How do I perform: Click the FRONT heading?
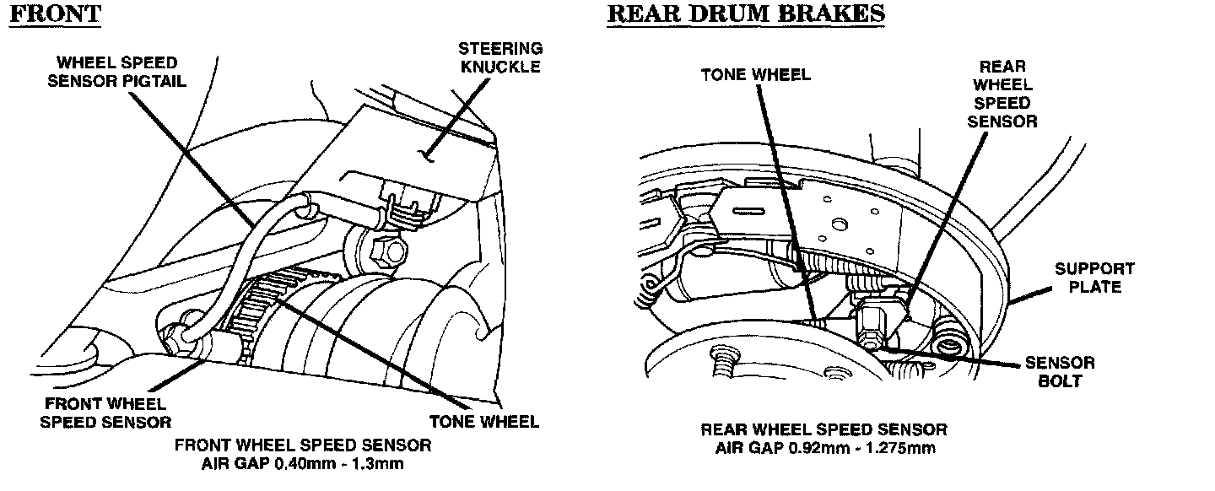coord(55,14)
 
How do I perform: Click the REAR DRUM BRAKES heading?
coord(745,14)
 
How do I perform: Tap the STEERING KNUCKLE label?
coord(500,57)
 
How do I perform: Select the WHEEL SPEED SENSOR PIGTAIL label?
coord(116,72)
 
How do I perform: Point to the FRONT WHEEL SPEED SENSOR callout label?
coord(105,413)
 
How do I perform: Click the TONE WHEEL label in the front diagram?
coord(484,422)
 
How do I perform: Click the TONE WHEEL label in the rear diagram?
coord(755,74)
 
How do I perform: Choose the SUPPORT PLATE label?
coord(1094,278)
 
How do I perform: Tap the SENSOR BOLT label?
coord(1060,372)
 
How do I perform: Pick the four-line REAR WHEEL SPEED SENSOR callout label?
coord(1002,93)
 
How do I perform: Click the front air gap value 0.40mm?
coord(290,464)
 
